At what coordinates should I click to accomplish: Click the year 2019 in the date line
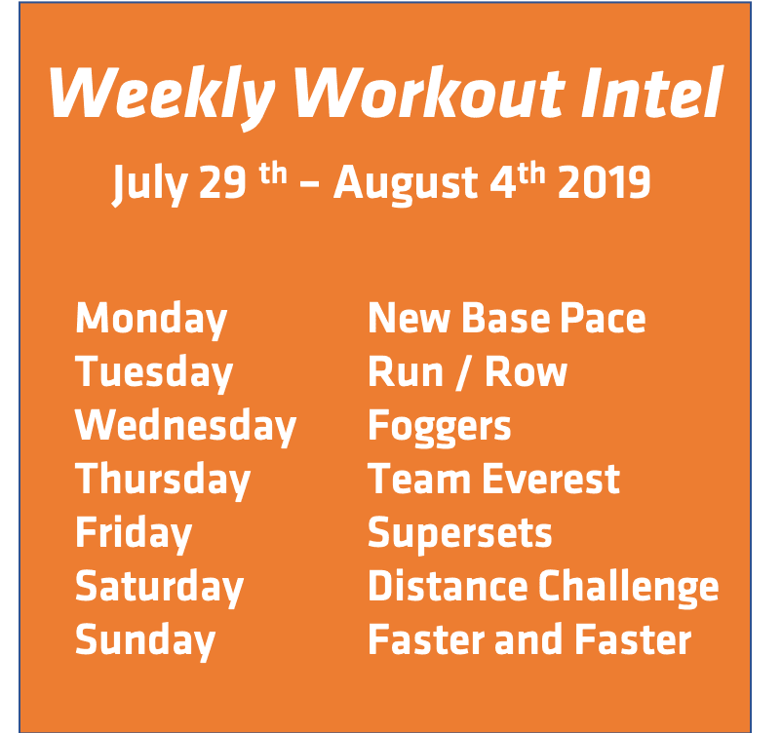[605, 183]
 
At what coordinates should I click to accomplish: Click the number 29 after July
[222, 183]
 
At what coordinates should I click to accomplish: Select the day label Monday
[151, 320]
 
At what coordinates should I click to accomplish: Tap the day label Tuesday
[154, 373]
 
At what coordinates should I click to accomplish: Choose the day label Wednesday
[185, 427]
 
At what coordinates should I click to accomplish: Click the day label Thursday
[163, 481]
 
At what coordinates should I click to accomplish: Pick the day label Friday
[134, 534]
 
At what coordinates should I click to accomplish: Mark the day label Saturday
[159, 587]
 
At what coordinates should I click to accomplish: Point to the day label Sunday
[145, 641]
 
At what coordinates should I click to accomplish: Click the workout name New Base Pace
[506, 319]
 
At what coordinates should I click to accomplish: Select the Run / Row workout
[467, 372]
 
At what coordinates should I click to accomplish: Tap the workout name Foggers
[439, 428]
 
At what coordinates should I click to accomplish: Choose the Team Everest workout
[493, 480]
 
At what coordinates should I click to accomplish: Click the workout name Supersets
[459, 534]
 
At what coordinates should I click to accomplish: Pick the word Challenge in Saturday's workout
[629, 587]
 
